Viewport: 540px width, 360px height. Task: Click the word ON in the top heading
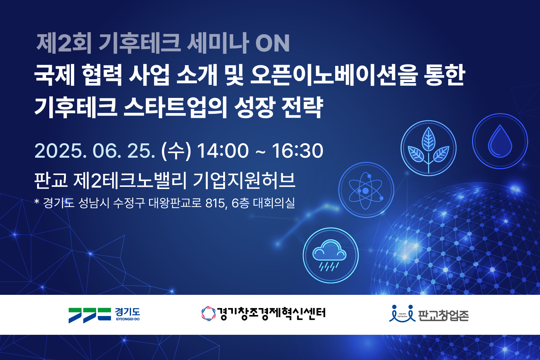[x=273, y=44]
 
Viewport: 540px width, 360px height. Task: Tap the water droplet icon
[x=500, y=141]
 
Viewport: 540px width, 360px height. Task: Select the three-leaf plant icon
[x=429, y=148]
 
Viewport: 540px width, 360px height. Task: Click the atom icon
[x=366, y=190]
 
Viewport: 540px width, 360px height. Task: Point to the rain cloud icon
[x=330, y=255]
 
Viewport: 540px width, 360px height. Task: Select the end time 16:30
[x=297, y=151]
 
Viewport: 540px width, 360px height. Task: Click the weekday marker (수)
[x=176, y=151]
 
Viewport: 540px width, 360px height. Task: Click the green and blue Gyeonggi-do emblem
[x=90, y=315]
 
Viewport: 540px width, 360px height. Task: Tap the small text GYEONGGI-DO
[x=128, y=319]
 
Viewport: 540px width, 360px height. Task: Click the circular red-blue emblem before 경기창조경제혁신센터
[x=208, y=314]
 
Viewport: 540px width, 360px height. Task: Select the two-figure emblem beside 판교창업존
[x=402, y=314]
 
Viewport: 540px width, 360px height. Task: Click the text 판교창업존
[x=443, y=316]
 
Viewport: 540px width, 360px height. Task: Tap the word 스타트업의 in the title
[x=175, y=108]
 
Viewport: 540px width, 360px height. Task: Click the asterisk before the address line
[x=37, y=201]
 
